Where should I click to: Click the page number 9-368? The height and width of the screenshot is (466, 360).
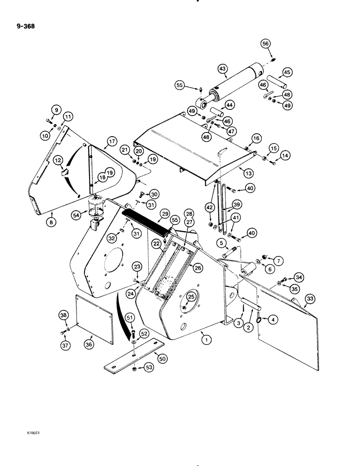(x=25, y=27)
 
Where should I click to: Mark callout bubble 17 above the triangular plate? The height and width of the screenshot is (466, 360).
(x=111, y=142)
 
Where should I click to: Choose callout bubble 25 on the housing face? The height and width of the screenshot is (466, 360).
(x=190, y=296)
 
